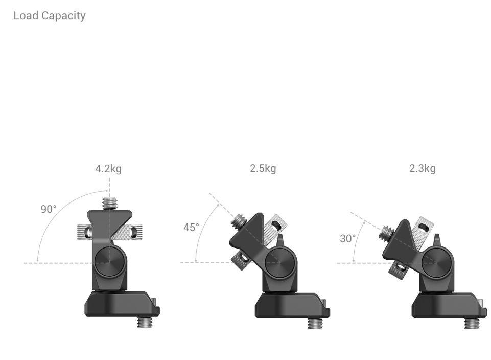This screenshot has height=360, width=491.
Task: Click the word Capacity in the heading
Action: (63, 16)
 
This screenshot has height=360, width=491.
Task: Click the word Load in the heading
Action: (26, 15)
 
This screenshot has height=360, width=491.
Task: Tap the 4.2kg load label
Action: (108, 169)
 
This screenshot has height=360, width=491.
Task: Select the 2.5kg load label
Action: (263, 168)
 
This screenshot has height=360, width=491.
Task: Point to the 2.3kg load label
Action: (423, 168)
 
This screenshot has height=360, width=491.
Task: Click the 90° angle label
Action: (49, 209)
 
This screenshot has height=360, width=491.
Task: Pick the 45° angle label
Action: (191, 227)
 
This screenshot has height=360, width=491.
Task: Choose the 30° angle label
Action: (348, 238)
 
